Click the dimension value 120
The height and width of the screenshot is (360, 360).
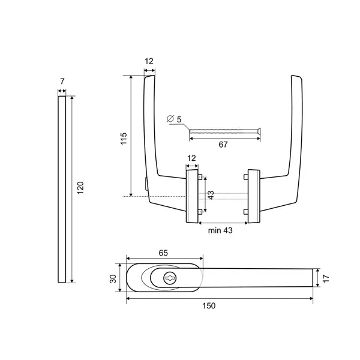[x=80, y=188]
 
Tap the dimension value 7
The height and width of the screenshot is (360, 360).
[x=62, y=81]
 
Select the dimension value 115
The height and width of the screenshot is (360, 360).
[x=124, y=139]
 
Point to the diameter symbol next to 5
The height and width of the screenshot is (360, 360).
[x=170, y=119]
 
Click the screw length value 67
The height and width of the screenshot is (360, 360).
[x=223, y=145]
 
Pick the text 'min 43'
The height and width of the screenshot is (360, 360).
[x=220, y=230]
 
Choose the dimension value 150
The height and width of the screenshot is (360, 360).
[x=209, y=305]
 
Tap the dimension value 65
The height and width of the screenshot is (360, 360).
[x=163, y=253]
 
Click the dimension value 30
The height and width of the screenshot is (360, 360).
[x=113, y=279]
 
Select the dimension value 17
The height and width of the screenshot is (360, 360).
[x=326, y=278]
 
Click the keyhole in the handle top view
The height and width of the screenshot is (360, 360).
[x=170, y=278]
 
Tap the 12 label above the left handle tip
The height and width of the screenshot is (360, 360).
[x=149, y=61]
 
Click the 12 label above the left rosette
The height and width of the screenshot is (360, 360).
[x=191, y=158]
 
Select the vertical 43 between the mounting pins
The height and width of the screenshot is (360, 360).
[x=211, y=195]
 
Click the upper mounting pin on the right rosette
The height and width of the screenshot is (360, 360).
[x=245, y=177]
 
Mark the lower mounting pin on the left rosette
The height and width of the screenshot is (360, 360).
[x=200, y=211]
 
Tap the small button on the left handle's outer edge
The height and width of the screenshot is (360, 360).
[x=146, y=184]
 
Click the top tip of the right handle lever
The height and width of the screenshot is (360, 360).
[x=292, y=76]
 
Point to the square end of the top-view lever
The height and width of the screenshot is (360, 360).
[x=313, y=278]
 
